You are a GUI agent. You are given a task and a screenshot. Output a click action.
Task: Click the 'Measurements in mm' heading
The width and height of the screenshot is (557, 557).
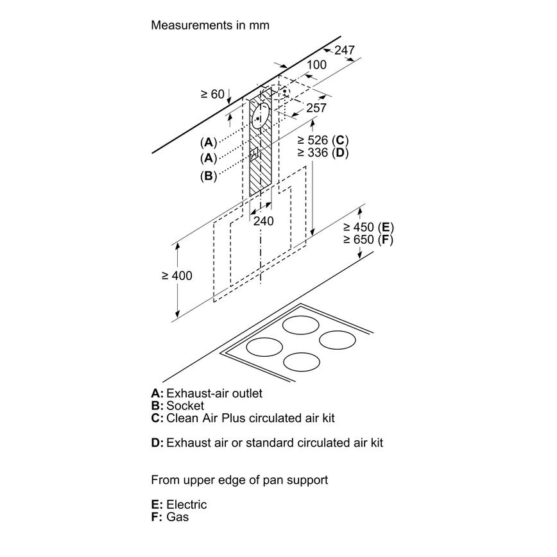pos(210,26)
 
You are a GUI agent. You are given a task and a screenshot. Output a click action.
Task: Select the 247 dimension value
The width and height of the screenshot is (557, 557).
pos(345,50)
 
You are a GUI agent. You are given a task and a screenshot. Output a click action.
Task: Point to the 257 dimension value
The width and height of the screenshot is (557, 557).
pos(316,108)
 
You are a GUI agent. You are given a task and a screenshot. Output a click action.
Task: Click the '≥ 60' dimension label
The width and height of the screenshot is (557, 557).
pos(212,94)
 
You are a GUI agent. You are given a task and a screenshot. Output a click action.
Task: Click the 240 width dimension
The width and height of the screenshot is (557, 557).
pos(263,221)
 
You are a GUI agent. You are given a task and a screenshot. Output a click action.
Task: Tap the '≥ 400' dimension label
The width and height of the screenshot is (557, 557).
pos(177,275)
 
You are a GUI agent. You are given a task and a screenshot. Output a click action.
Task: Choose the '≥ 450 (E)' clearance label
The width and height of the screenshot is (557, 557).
pos(368,227)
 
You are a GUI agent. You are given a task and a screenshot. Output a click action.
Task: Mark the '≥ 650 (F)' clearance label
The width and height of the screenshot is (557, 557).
pos(368,240)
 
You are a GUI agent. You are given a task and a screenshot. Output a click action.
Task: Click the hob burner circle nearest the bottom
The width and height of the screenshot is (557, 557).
pos(302,362)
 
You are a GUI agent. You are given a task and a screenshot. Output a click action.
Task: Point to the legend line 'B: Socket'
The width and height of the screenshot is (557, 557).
pos(178,406)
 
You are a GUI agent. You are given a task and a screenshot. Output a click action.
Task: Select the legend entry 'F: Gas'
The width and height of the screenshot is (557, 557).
pos(170,517)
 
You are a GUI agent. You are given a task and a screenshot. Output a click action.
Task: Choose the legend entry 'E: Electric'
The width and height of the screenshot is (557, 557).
pos(179,505)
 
